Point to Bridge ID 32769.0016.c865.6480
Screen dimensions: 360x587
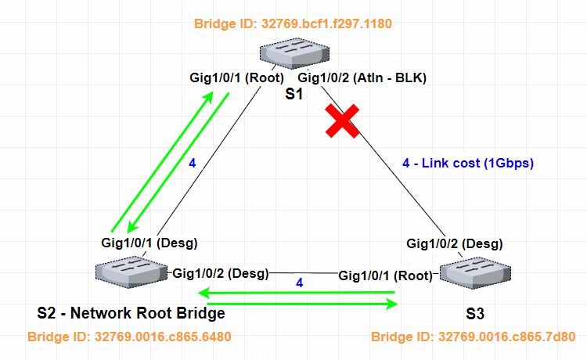pos(129,337)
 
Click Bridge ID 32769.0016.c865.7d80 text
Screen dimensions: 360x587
pos(474,337)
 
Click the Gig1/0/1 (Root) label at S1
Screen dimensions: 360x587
pos(236,78)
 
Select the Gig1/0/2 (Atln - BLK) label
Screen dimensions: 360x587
pos(362,78)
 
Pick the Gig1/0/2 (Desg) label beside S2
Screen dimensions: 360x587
pos(220,273)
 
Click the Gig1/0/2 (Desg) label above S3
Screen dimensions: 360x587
pos(453,243)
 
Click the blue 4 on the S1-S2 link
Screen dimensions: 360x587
pos(192,164)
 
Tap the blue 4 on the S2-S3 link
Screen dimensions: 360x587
pos(299,281)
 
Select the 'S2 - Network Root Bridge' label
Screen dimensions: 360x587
pos(131,314)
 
